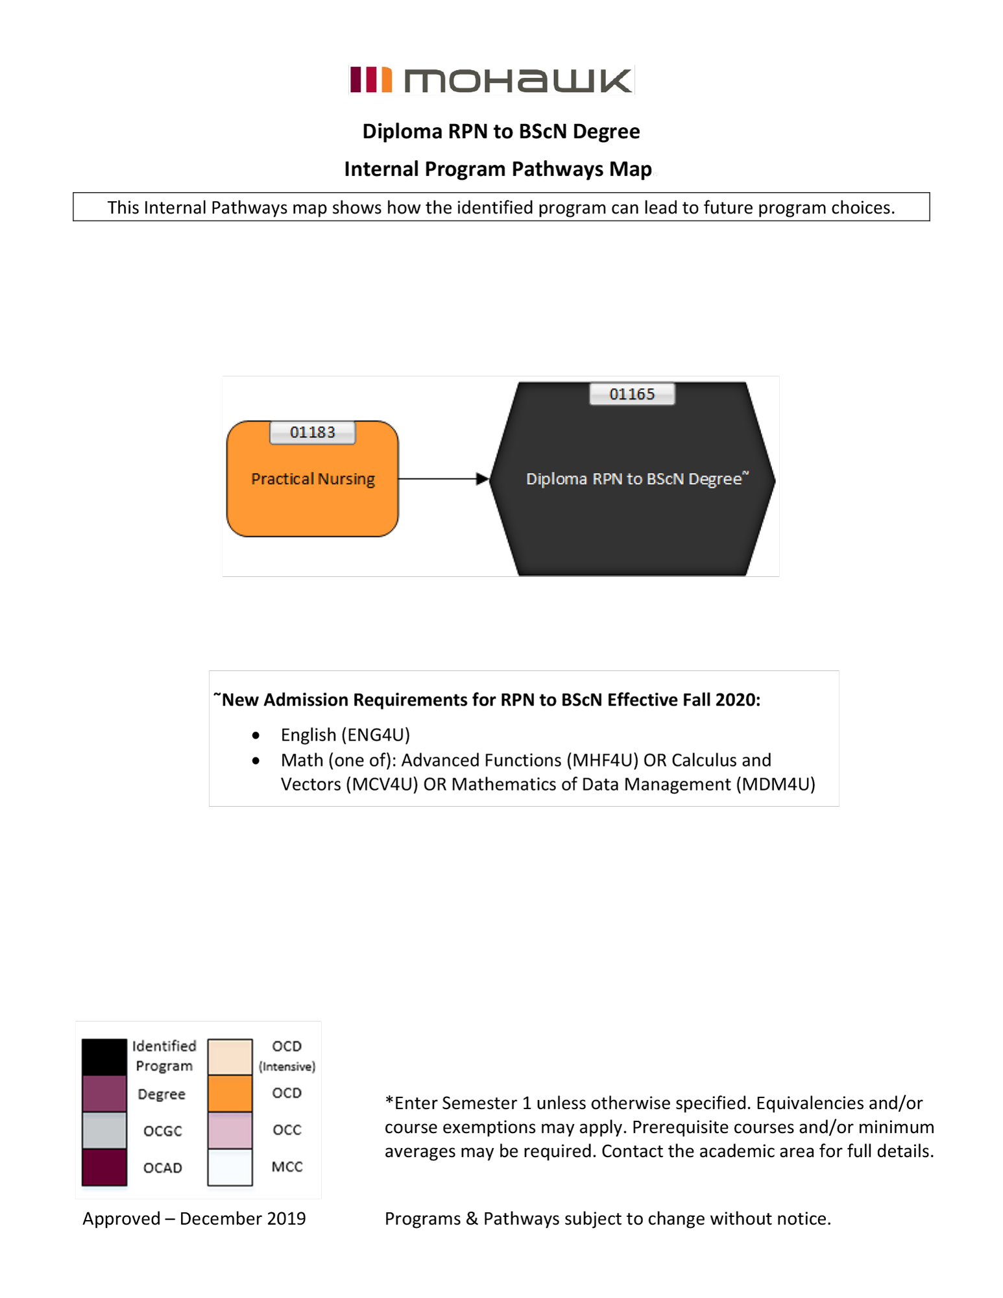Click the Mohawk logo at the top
click(x=491, y=80)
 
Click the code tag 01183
click(x=312, y=432)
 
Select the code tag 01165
click(x=632, y=394)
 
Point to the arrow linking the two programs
click(x=444, y=479)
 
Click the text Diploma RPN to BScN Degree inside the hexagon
click(x=634, y=479)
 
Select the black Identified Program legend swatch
click(x=104, y=1056)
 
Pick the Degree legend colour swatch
click(x=104, y=1094)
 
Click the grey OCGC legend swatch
click(x=104, y=1130)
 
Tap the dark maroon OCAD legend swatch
click(x=104, y=1166)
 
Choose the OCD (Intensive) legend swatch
click(x=230, y=1056)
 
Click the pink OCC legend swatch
click(x=230, y=1130)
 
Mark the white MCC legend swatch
click(x=230, y=1167)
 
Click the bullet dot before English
click(x=256, y=735)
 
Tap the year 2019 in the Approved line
click(x=286, y=1218)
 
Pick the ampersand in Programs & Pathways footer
click(x=472, y=1219)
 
